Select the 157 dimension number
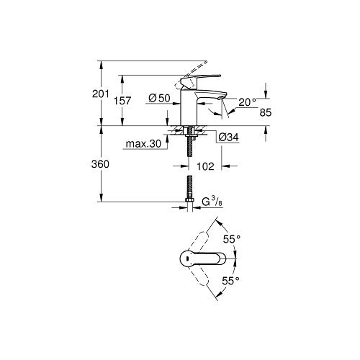(122, 101)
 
